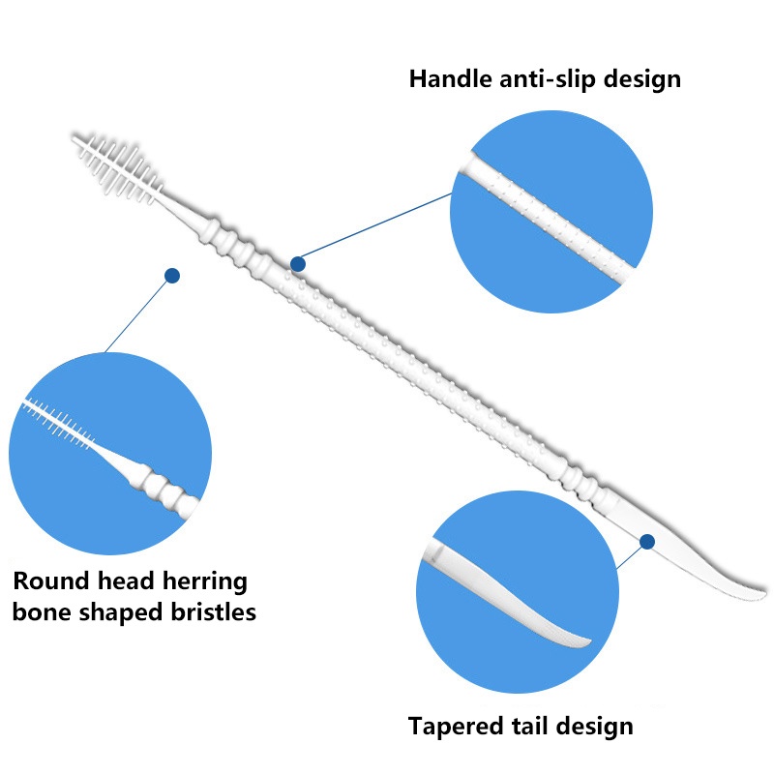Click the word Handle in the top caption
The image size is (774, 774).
click(x=449, y=78)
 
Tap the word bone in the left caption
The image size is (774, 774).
click(x=38, y=613)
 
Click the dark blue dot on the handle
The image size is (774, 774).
click(x=298, y=263)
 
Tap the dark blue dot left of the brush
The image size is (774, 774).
click(x=172, y=276)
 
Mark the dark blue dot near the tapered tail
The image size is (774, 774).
click(x=647, y=541)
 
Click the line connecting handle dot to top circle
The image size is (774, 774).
click(x=377, y=227)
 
